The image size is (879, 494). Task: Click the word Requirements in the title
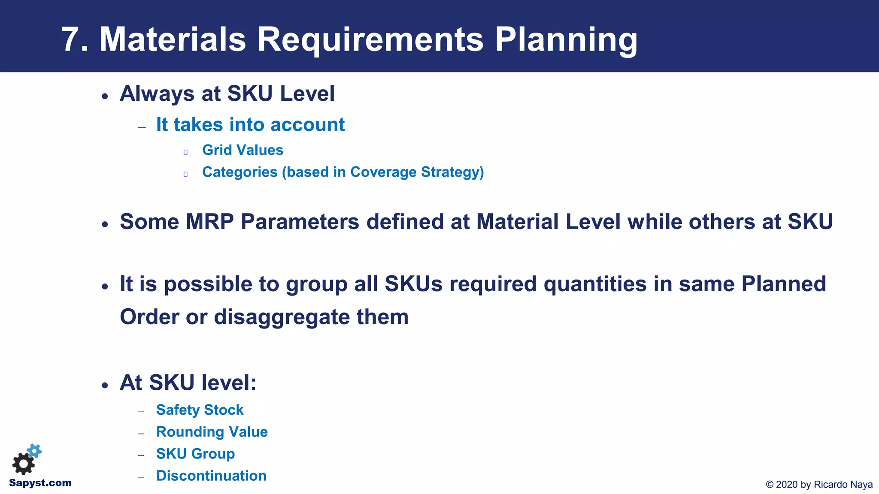coord(370,40)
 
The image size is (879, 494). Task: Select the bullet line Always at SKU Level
coord(227,93)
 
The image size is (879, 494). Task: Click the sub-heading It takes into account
coord(250,125)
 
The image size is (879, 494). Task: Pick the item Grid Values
coord(242,150)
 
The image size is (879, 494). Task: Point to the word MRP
coord(209,222)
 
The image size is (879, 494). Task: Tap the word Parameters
coord(300,222)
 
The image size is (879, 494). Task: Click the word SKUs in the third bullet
coord(413,284)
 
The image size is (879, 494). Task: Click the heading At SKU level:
coord(188,383)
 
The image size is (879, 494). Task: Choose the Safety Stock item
coord(200,410)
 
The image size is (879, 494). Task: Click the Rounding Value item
coord(212,432)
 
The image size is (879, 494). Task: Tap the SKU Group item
coord(195,454)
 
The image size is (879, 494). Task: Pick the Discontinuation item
coord(211,476)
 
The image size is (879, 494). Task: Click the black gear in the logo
coord(23,464)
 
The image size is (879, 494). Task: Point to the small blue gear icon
coord(35,451)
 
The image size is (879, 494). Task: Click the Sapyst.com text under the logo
coord(40,483)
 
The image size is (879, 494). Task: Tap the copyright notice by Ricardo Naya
coord(819,485)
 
